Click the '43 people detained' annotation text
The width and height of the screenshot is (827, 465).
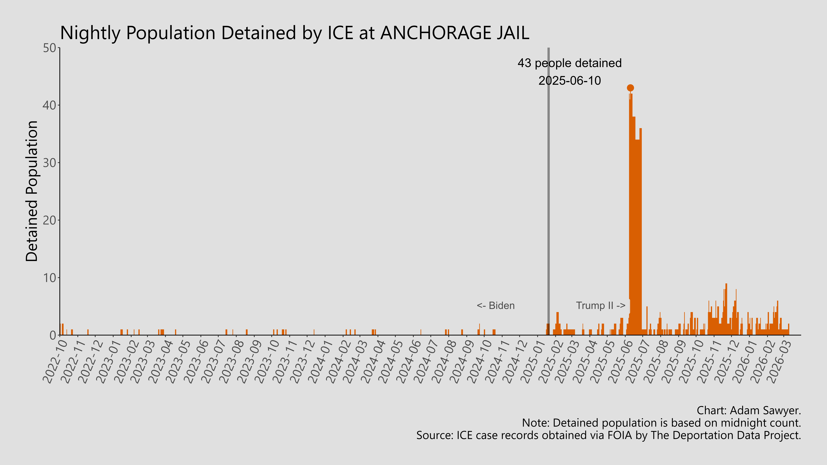coord(570,63)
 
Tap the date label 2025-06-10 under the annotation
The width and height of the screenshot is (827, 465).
coord(570,81)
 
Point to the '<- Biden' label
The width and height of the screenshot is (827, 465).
coord(496,306)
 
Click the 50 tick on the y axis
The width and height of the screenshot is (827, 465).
coord(50,48)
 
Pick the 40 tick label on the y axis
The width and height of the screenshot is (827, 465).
coord(50,105)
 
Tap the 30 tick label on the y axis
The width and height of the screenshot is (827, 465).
coord(50,163)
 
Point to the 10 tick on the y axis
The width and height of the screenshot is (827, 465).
coord(50,278)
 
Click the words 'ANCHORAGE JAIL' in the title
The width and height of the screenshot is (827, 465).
coord(455,33)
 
